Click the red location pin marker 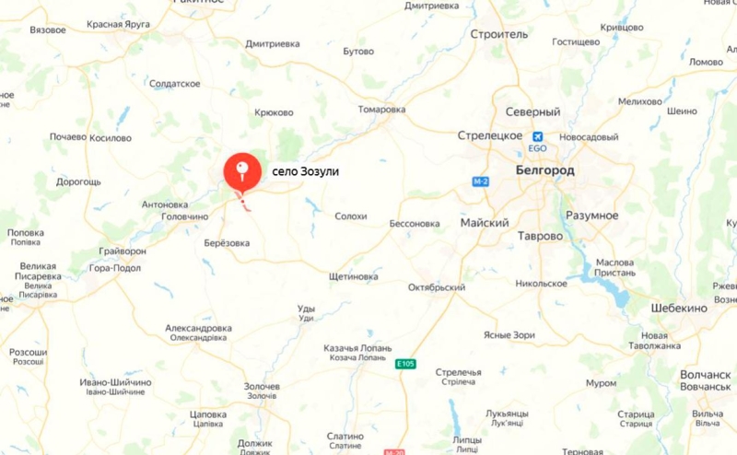(242, 169)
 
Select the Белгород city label (545, 171)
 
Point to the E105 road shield (406, 365)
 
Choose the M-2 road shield (480, 182)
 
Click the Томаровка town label (381, 110)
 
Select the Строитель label (498, 34)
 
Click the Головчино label (185, 216)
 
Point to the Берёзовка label (226, 243)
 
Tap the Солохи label (350, 216)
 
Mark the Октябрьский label (437, 287)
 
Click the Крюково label (274, 113)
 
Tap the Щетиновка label (353, 276)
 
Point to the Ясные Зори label (509, 335)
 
